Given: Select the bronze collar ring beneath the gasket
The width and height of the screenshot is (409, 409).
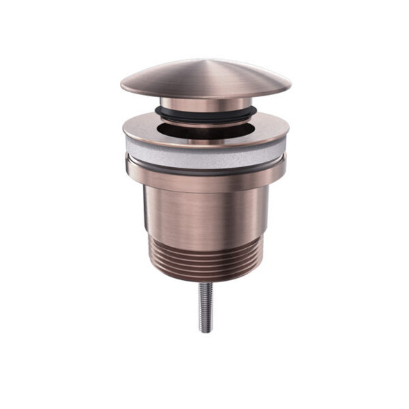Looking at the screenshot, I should point(206,177).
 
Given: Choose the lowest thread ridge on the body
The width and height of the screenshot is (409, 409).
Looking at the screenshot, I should point(206,269).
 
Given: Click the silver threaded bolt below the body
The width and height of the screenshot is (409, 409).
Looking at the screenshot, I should point(206,305).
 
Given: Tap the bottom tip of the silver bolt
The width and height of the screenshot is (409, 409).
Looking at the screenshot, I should point(206,331).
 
